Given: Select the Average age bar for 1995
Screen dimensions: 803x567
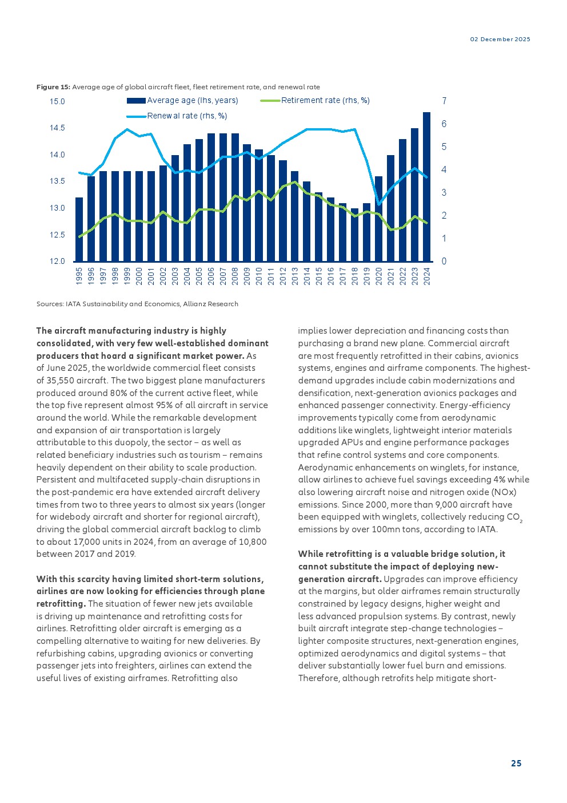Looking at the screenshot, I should click(x=79, y=229).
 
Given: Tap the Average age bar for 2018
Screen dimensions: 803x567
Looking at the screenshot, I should click(x=354, y=235).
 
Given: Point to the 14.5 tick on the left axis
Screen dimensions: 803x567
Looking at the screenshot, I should click(x=57, y=128).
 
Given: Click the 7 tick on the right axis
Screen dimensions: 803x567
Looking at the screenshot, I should click(x=444, y=101).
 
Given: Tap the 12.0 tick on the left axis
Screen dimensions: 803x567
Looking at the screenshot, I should click(x=57, y=262).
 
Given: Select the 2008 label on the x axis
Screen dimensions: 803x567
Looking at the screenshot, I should click(x=235, y=276).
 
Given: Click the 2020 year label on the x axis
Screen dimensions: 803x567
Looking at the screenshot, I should click(x=378, y=276).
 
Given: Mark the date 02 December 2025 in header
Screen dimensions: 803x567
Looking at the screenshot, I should click(x=500, y=39).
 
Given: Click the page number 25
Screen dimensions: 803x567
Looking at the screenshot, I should click(x=516, y=764).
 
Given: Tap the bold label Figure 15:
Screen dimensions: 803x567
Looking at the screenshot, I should click(x=53, y=87).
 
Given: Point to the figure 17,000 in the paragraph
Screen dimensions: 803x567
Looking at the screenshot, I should click(x=91, y=542).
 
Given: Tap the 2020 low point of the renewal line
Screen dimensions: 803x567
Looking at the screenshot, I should click(x=378, y=204).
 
